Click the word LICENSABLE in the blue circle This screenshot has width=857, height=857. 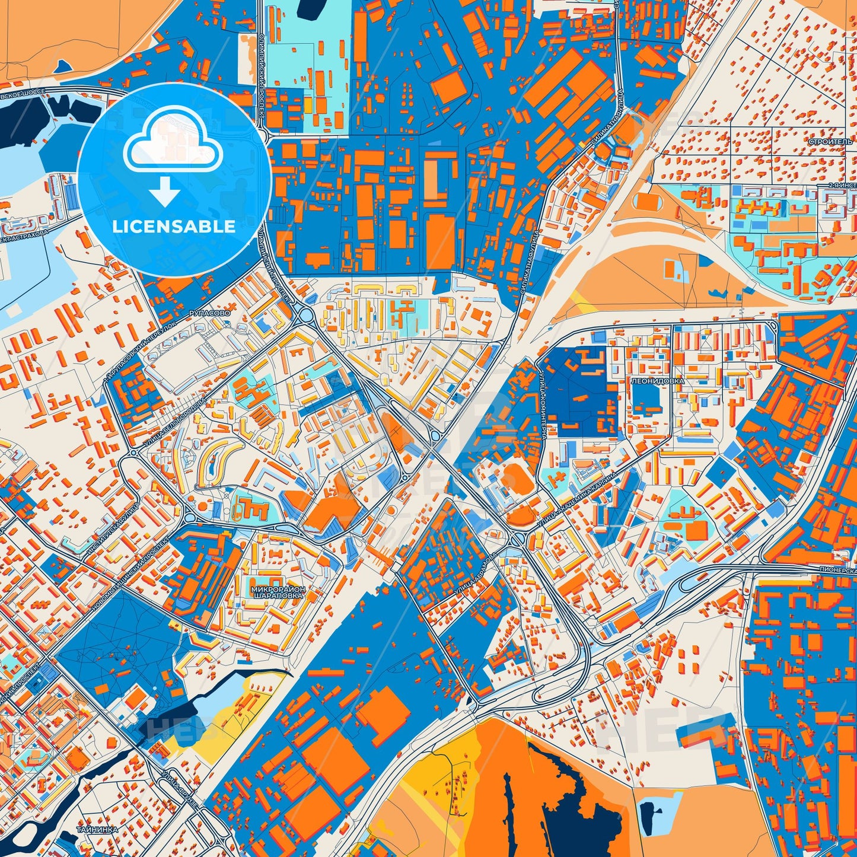tap(174, 227)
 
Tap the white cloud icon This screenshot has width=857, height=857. tap(173, 146)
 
